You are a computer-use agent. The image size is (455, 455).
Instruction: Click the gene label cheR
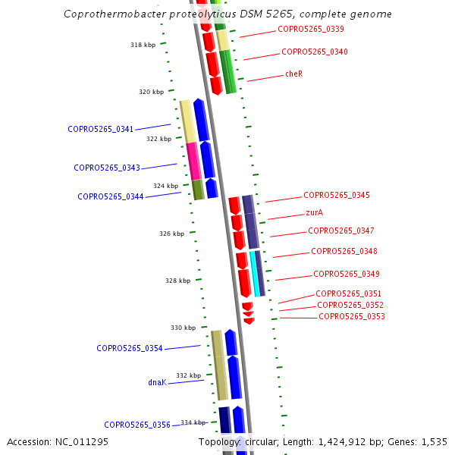point(293,74)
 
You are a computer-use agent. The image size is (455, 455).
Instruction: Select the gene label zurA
point(315,213)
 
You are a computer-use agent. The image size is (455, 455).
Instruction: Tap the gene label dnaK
point(157,383)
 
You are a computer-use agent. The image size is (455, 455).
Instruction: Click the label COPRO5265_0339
point(311,30)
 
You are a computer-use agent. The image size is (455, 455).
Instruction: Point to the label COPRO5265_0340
point(315,52)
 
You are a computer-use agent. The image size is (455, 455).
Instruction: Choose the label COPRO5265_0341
point(101,129)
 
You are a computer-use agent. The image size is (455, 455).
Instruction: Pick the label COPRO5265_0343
point(107,168)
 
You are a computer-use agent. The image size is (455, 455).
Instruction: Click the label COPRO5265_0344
point(111,196)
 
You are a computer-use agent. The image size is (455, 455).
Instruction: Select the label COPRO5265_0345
point(337,196)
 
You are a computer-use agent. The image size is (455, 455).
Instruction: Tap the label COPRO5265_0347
point(341,231)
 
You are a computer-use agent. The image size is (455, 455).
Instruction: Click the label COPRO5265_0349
point(347,274)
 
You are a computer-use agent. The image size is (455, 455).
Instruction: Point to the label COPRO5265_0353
point(352,316)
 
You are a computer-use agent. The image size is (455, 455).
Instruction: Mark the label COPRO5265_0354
point(130,348)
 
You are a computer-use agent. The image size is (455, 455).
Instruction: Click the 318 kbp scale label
point(143,45)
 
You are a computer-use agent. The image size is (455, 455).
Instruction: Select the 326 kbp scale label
point(171,234)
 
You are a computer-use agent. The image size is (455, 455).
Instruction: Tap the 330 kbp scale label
point(183,328)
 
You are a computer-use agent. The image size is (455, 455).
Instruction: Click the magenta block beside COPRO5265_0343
point(193,160)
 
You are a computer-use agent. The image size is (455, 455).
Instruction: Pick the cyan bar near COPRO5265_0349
point(256,274)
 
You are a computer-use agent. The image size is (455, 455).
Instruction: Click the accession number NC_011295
point(58,441)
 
